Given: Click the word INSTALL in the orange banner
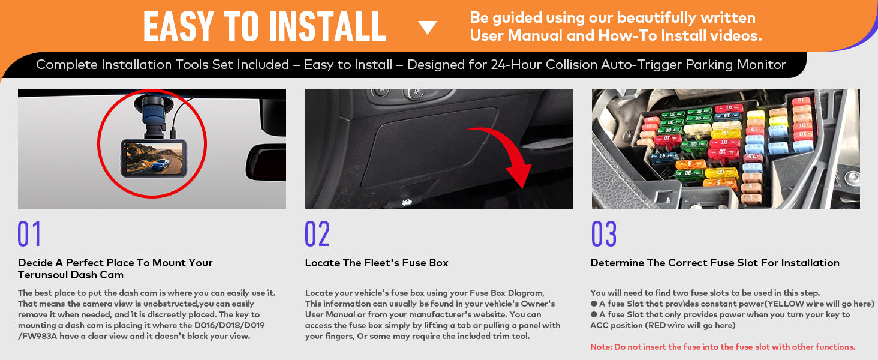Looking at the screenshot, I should pos(326,26).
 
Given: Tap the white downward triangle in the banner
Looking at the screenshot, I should pos(428,28).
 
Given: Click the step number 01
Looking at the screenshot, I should pos(29,234).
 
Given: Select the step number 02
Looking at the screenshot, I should pos(317,234).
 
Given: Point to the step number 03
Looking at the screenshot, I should pos(604,234).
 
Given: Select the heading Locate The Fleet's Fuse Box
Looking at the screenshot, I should pos(377,263).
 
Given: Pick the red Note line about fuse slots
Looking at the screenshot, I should pos(723,347).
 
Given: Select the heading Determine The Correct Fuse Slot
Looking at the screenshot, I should pos(715,263).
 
